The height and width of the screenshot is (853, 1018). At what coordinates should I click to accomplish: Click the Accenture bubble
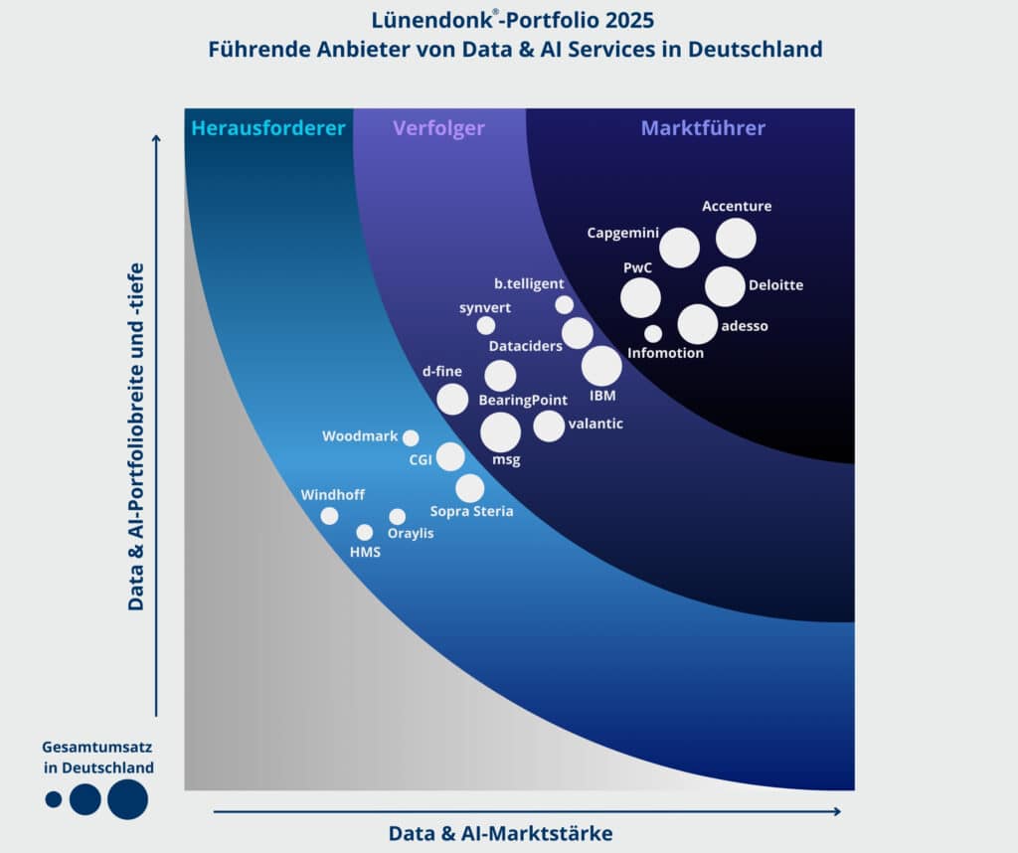(x=737, y=239)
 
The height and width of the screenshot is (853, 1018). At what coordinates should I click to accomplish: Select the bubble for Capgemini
(x=680, y=248)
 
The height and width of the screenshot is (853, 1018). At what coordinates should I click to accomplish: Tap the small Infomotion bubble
(x=653, y=334)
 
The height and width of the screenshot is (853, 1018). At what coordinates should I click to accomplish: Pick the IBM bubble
(x=601, y=366)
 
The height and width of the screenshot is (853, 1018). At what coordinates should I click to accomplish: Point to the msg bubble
(x=500, y=432)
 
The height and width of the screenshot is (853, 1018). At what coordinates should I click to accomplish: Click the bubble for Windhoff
(x=329, y=515)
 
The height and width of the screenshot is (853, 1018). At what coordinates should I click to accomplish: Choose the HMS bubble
(x=365, y=532)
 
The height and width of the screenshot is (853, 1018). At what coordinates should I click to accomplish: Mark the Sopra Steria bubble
(x=470, y=488)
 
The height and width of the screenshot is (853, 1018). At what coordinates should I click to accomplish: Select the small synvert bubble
(x=485, y=325)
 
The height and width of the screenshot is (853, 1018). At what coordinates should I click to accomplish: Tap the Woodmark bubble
(x=411, y=437)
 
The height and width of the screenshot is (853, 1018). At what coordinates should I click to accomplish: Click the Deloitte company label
(x=775, y=285)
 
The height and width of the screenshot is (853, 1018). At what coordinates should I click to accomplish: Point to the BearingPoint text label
(x=523, y=400)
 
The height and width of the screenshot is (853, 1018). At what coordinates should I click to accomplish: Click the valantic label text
(x=595, y=425)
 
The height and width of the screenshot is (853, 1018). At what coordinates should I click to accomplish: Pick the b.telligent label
(x=529, y=284)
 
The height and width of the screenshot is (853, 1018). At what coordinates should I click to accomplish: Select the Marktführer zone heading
(x=703, y=128)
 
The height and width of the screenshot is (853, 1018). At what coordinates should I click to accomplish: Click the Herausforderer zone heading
(x=268, y=128)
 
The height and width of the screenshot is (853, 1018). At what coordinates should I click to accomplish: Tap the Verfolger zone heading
(x=438, y=128)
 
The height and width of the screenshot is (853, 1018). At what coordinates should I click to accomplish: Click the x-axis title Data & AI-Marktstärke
(x=500, y=833)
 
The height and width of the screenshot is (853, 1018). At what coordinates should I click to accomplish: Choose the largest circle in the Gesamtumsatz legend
(x=127, y=799)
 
